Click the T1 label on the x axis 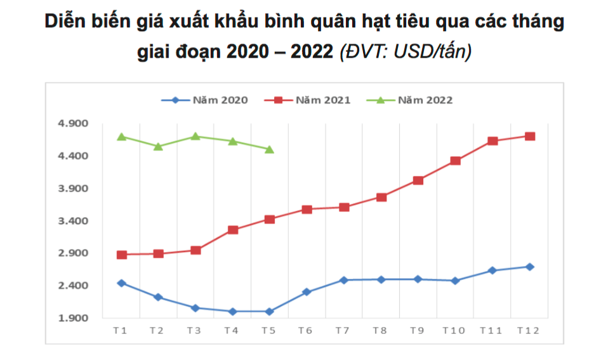click(121, 331)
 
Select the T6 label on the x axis click(306, 331)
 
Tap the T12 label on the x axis click(529, 331)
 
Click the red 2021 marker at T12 click(529, 136)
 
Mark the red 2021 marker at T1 click(122, 255)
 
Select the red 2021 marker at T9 click(418, 180)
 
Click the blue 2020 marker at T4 click(233, 311)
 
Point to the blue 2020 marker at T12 click(529, 267)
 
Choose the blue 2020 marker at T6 click(307, 292)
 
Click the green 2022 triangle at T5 click(270, 150)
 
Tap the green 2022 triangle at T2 click(159, 147)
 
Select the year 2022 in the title click(312, 51)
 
